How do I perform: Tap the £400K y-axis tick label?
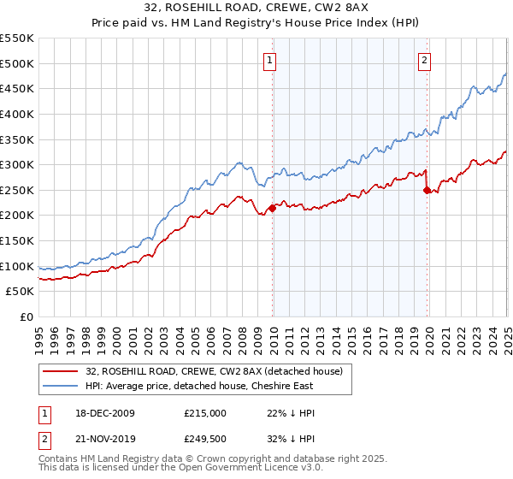tap(17, 114)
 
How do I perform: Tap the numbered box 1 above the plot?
tap(270, 60)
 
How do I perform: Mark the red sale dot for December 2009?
tap(272, 208)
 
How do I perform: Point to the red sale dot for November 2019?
tap(427, 190)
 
